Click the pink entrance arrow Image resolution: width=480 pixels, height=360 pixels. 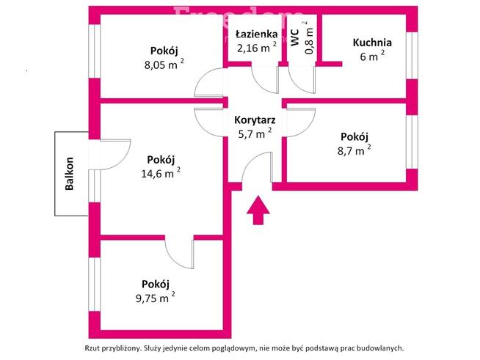pyautogui.click(x=257, y=210)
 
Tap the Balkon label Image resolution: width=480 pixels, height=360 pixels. pyautogui.click(x=70, y=174)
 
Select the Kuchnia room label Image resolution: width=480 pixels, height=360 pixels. pyautogui.click(x=371, y=43)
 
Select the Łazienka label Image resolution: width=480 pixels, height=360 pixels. pyautogui.click(x=255, y=34)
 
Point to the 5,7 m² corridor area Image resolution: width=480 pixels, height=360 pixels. pyautogui.click(x=254, y=133)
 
